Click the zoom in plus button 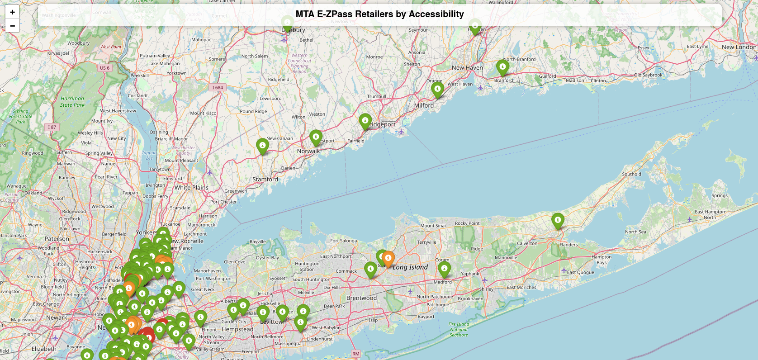pos(12,12)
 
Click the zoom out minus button pos(12,26)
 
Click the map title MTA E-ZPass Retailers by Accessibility pos(379,14)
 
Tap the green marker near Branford pos(502,67)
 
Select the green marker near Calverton pos(558,221)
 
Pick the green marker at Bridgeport pos(365,121)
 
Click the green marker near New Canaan pos(262,146)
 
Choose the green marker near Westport pos(316,137)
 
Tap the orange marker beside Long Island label pos(388,259)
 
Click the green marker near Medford pos(444,269)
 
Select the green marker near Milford pos(437,90)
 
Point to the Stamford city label pos(265,180)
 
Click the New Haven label pos(467,68)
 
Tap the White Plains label pos(191,188)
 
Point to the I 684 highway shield pos(218,87)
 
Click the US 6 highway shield pos(104,68)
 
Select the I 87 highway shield pos(52,127)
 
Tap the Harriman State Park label pos(72,102)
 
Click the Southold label pos(631,174)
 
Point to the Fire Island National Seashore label pos(459,329)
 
